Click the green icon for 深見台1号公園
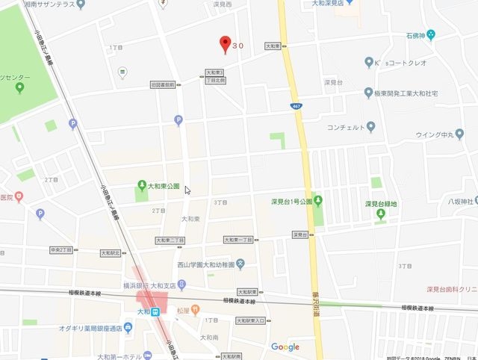click(x=318, y=200)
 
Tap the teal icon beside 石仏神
click(x=431, y=35)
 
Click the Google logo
click(x=285, y=347)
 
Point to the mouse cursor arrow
click(x=187, y=190)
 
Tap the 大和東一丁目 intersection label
click(x=239, y=240)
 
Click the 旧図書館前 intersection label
click(x=162, y=84)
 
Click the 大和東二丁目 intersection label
click(x=170, y=240)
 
